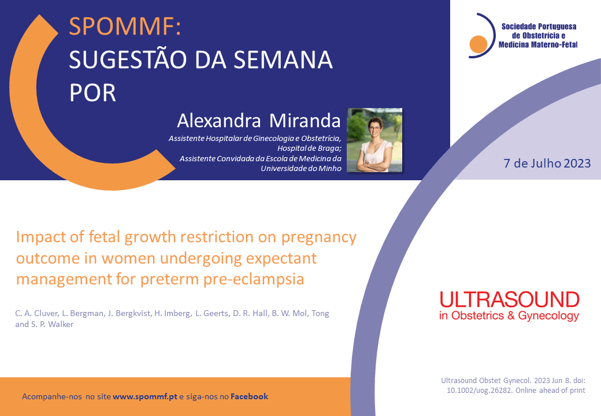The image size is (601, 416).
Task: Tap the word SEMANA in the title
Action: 283,60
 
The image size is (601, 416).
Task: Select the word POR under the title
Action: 92,92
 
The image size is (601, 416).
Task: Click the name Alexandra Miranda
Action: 259,121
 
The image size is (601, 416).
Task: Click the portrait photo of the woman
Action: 374,140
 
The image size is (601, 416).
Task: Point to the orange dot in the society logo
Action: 478,44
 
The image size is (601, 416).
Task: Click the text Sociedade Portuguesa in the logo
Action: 539,27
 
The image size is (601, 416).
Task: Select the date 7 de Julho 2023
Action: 547,163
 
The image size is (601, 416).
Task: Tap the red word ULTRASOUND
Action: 509,299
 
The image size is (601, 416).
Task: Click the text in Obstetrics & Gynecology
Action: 509,315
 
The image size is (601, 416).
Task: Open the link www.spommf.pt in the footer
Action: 145,396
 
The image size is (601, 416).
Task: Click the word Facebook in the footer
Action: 249,396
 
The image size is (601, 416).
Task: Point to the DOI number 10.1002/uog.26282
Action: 479,391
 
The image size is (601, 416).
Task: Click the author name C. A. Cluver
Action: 36,313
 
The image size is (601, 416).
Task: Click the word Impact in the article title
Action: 41,237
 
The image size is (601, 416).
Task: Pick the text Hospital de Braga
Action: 309,148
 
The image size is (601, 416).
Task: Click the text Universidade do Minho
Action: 301,169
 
